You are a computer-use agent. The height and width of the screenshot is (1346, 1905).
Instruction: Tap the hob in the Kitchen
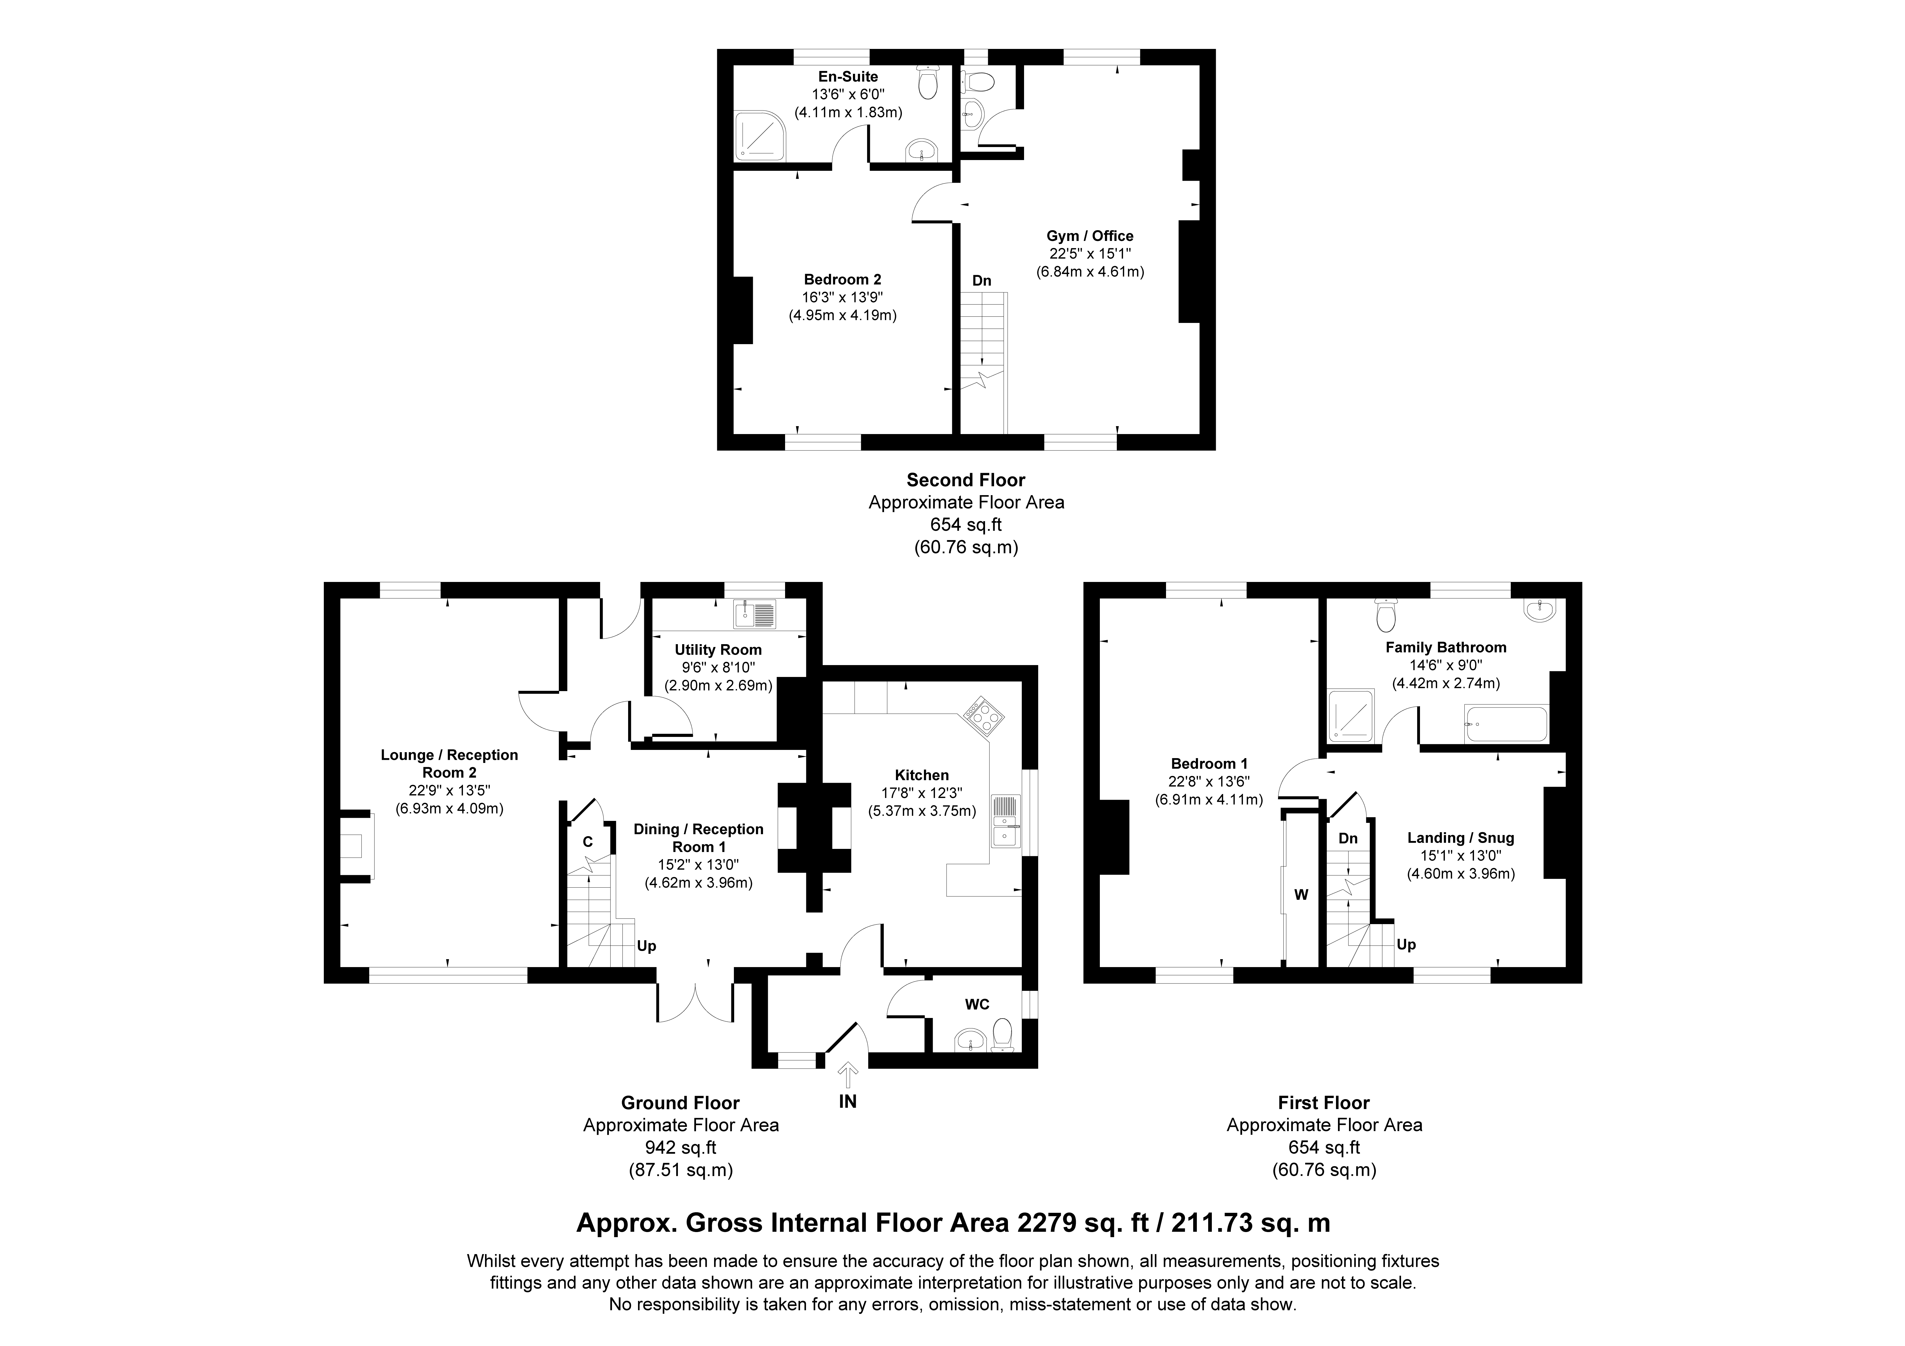click(983, 715)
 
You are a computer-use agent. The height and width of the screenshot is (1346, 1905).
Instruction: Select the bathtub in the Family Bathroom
click(1506, 724)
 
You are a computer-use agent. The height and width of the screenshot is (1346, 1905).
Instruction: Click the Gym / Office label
click(1089, 236)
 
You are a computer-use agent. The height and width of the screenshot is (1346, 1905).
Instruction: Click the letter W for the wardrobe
click(1301, 895)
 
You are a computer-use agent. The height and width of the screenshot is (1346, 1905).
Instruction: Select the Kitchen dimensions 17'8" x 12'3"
click(922, 793)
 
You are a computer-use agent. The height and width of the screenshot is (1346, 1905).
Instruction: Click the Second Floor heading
click(966, 480)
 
